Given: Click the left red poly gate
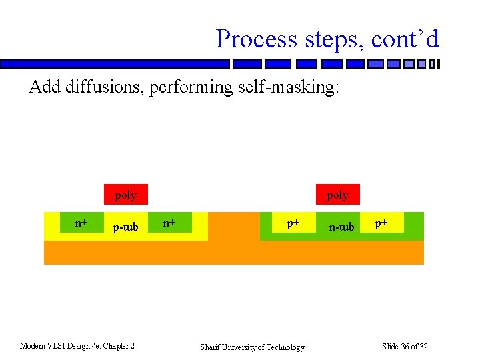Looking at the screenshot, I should (x=125, y=195).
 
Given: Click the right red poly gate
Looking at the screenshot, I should (x=338, y=195).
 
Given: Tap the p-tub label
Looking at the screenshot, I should (x=125, y=227).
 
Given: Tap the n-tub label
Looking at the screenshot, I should (x=342, y=227).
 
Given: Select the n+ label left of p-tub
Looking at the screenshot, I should (x=81, y=223).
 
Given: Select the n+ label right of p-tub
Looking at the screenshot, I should (x=170, y=223).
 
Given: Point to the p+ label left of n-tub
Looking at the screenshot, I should (x=293, y=223).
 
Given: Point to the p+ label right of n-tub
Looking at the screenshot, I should (x=381, y=223).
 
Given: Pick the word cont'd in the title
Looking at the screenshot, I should (x=405, y=39).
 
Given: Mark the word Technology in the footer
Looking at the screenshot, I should (x=283, y=347).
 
